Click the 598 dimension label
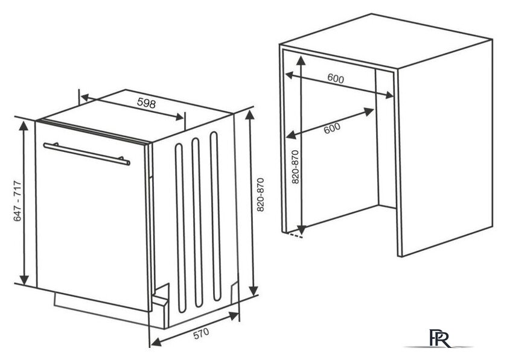(147, 103)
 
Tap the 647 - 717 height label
(17, 201)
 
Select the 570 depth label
(201, 333)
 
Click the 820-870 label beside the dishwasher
(261, 195)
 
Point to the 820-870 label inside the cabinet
(295, 167)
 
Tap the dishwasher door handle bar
(87, 154)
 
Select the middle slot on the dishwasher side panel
(197, 223)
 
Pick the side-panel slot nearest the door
(180, 228)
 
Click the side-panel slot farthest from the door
(215, 216)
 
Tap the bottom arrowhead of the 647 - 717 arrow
(24, 280)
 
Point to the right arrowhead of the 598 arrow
(179, 116)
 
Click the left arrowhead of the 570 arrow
(156, 341)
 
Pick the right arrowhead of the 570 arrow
(233, 316)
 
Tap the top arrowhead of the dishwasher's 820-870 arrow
(250, 115)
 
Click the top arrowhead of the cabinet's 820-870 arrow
(301, 62)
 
